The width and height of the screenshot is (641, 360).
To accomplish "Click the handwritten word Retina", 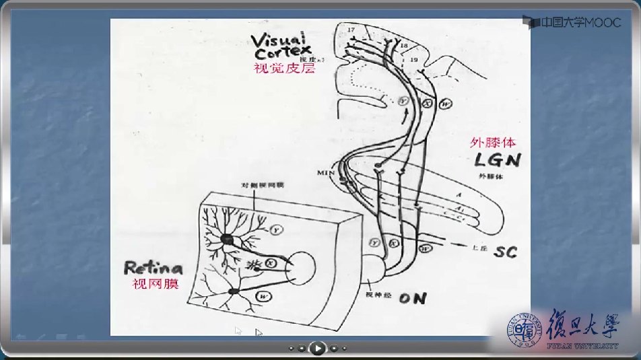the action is (154, 268).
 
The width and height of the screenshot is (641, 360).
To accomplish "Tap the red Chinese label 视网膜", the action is (156, 284).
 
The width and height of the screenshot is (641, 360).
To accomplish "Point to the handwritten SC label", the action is (505, 252).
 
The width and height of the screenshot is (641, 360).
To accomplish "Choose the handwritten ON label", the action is (413, 299).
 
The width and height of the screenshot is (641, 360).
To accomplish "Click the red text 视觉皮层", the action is (284, 68).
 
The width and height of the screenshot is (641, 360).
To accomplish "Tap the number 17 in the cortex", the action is (351, 30).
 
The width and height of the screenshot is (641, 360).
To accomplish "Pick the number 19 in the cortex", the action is (413, 60).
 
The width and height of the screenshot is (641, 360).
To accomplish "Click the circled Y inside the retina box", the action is (277, 230).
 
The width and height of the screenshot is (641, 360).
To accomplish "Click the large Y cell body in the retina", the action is (228, 239).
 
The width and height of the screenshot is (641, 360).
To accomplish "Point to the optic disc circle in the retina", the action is (300, 268).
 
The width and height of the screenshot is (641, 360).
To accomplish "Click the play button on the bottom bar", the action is (317, 348).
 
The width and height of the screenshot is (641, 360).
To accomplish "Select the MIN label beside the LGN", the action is (326, 173).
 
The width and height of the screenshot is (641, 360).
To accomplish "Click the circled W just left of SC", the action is (425, 248).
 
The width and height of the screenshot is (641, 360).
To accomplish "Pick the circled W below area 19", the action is (446, 104).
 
